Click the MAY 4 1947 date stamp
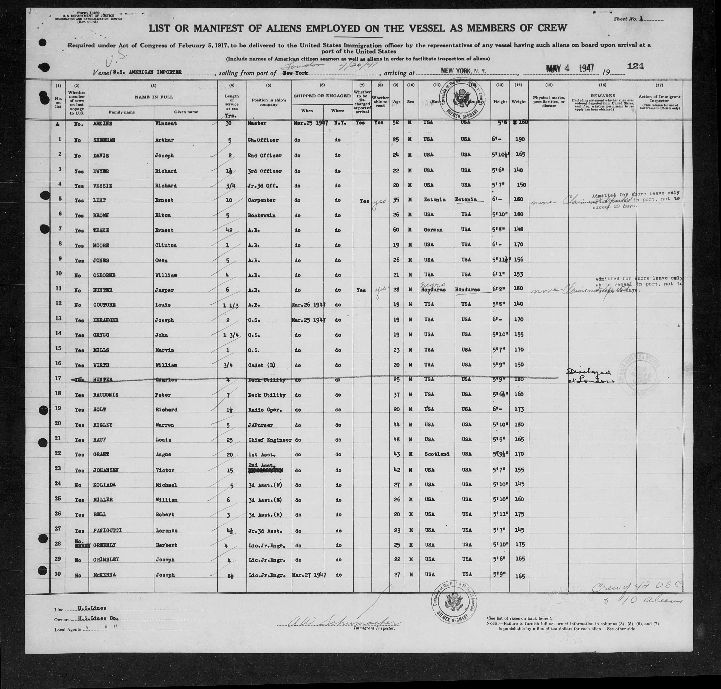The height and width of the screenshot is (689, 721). [x=570, y=68]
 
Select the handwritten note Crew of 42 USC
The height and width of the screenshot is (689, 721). [x=637, y=588]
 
